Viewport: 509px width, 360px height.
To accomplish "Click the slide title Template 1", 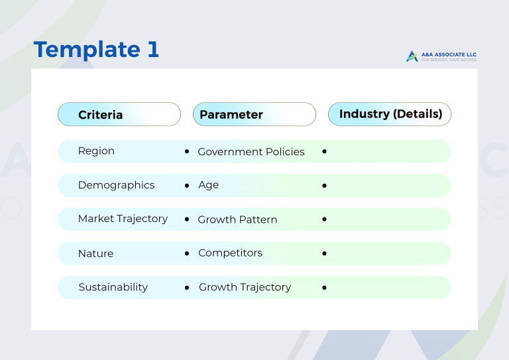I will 96,50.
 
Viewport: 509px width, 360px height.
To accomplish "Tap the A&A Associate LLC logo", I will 441,56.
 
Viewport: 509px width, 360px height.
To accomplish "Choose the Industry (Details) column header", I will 390,114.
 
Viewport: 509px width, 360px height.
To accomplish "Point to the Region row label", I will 96,151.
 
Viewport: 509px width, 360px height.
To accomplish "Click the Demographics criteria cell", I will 116,186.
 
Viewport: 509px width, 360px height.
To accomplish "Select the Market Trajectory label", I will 123,219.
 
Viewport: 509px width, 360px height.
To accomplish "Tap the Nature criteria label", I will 95,253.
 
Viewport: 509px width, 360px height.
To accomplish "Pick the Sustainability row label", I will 113,287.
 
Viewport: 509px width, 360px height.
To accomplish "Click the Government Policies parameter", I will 251,152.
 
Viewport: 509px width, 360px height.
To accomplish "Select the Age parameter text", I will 208,186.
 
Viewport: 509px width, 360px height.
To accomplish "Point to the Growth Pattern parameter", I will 237,219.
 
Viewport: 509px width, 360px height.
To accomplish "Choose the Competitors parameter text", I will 230,253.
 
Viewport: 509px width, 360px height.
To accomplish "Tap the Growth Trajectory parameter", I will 245,287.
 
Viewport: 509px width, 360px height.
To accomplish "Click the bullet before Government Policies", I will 187,152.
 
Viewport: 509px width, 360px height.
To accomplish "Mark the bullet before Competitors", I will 187,253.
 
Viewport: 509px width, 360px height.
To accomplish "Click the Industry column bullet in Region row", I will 324,152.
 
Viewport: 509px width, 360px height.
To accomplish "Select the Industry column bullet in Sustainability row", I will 324,288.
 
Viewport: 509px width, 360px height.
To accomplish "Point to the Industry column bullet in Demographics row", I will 324,186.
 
